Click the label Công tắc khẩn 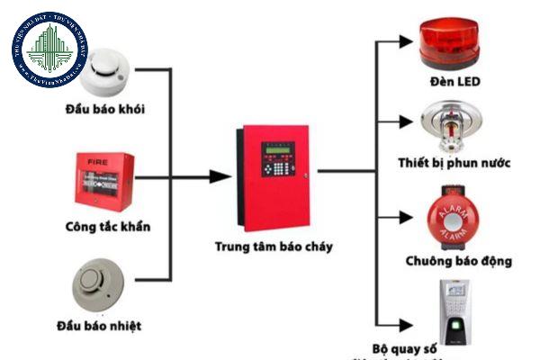[x=108, y=226]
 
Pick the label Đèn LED [x=455, y=82]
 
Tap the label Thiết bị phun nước [x=454, y=164]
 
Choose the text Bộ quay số [x=409, y=347]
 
